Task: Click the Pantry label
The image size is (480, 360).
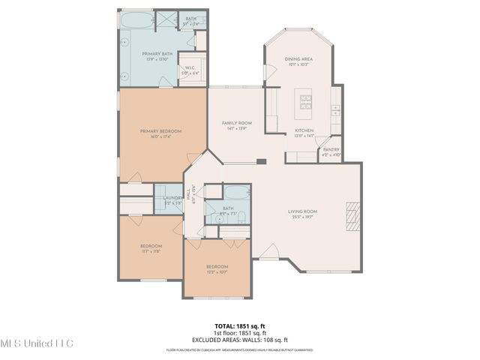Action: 331,149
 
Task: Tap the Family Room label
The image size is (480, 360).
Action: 236,123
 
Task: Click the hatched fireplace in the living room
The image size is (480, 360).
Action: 351,214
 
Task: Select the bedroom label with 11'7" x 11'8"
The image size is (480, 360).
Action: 151,246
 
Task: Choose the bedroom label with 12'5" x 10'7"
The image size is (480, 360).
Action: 217,267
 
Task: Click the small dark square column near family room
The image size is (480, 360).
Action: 260,160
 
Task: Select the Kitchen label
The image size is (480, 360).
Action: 304,130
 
